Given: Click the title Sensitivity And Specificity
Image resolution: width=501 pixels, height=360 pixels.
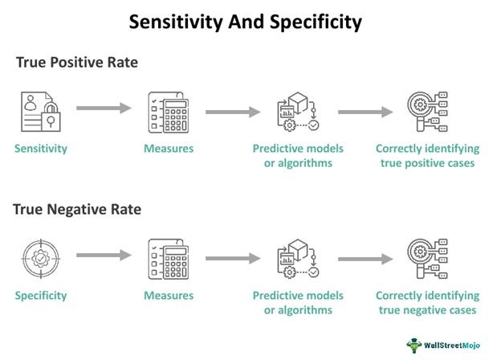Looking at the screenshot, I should pyautogui.click(x=246, y=22).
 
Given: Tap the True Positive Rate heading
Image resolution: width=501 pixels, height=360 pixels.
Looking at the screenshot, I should pyautogui.click(x=77, y=63).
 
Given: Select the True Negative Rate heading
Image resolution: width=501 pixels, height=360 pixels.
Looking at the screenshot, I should pyautogui.click(x=77, y=210).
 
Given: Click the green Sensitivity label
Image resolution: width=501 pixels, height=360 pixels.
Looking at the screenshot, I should pyautogui.click(x=41, y=149).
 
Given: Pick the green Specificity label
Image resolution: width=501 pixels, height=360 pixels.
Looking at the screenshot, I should pyautogui.click(x=41, y=296).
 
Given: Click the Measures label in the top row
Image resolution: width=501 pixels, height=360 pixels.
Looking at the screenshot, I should pyautogui.click(x=169, y=149).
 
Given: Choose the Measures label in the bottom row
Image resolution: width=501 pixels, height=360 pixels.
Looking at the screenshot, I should pyautogui.click(x=169, y=296).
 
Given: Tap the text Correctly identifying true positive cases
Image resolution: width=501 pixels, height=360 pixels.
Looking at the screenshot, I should pyautogui.click(x=427, y=156).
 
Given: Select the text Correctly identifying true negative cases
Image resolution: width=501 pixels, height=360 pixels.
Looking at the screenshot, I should pyautogui.click(x=427, y=303).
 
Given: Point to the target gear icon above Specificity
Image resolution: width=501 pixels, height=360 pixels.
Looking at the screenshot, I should pyautogui.click(x=39, y=257).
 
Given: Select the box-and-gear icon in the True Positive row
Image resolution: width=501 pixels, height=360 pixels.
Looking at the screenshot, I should pyautogui.click(x=297, y=112).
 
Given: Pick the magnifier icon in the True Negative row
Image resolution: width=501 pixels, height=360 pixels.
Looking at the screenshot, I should pyautogui.click(x=426, y=258).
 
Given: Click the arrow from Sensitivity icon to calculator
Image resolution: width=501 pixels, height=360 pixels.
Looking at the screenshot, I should pyautogui.click(x=104, y=108).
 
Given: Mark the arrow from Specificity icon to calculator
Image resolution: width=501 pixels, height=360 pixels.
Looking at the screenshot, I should pyautogui.click(x=104, y=256).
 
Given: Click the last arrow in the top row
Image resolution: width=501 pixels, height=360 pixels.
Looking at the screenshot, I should pyautogui.click(x=365, y=111).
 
